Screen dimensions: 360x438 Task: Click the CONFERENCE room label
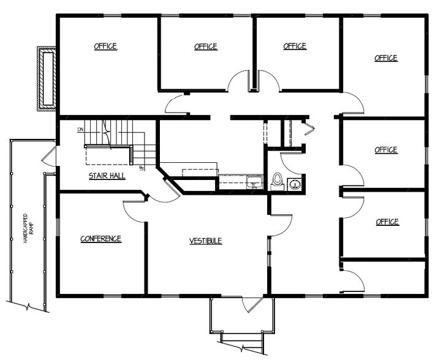coord(101,239)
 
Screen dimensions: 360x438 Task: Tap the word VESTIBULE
coord(205,241)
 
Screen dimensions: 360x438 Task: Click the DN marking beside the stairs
coord(80,130)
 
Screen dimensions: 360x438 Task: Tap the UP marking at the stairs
coord(142,168)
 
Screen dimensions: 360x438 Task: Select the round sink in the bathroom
coord(295,184)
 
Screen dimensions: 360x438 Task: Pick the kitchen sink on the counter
coord(254,182)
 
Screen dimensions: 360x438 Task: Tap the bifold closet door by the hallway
coord(308,129)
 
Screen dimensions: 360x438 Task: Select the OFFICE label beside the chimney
coord(105,47)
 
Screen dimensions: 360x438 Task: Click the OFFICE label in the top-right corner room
coord(386,58)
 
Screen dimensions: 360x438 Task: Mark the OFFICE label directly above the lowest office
coord(387,222)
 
